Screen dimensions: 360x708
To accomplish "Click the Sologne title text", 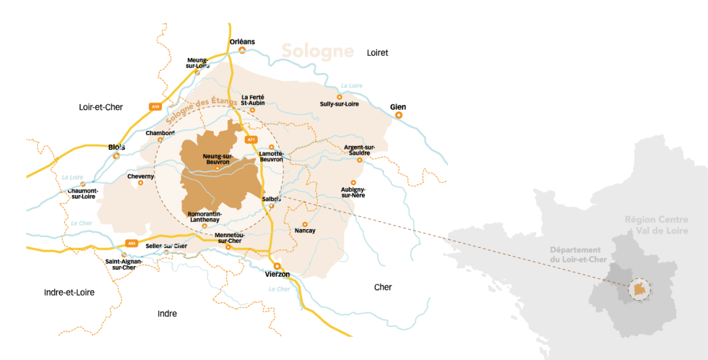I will (x=317, y=51).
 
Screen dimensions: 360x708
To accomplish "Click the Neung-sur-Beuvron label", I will (x=217, y=159).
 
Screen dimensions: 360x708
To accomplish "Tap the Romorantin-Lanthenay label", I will (x=204, y=217).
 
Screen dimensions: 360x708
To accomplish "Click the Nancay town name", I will (x=306, y=231).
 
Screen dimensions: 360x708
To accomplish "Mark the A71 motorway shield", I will (x=251, y=139).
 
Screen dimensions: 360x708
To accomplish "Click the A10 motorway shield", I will (x=155, y=106).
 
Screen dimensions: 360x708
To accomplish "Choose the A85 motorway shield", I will (x=131, y=243).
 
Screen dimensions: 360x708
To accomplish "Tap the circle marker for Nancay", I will (x=305, y=223).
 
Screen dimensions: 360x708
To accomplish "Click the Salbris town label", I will (x=272, y=198).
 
